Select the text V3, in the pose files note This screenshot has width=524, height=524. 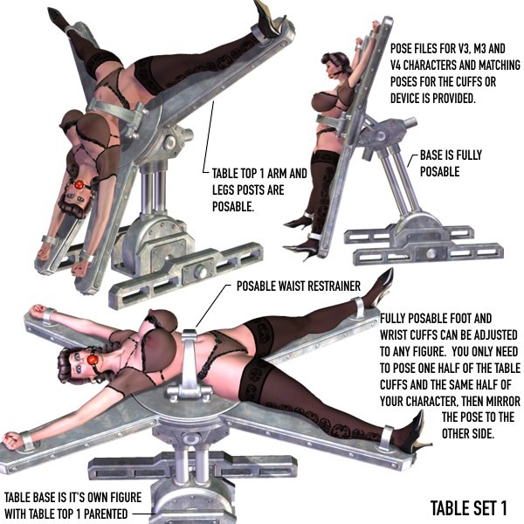(x=463, y=49)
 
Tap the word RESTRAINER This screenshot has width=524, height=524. (x=334, y=286)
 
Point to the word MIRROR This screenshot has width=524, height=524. (x=499, y=401)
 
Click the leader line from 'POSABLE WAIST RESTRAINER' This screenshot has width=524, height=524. (x=213, y=307)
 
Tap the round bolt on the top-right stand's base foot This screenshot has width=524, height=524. (x=430, y=252)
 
